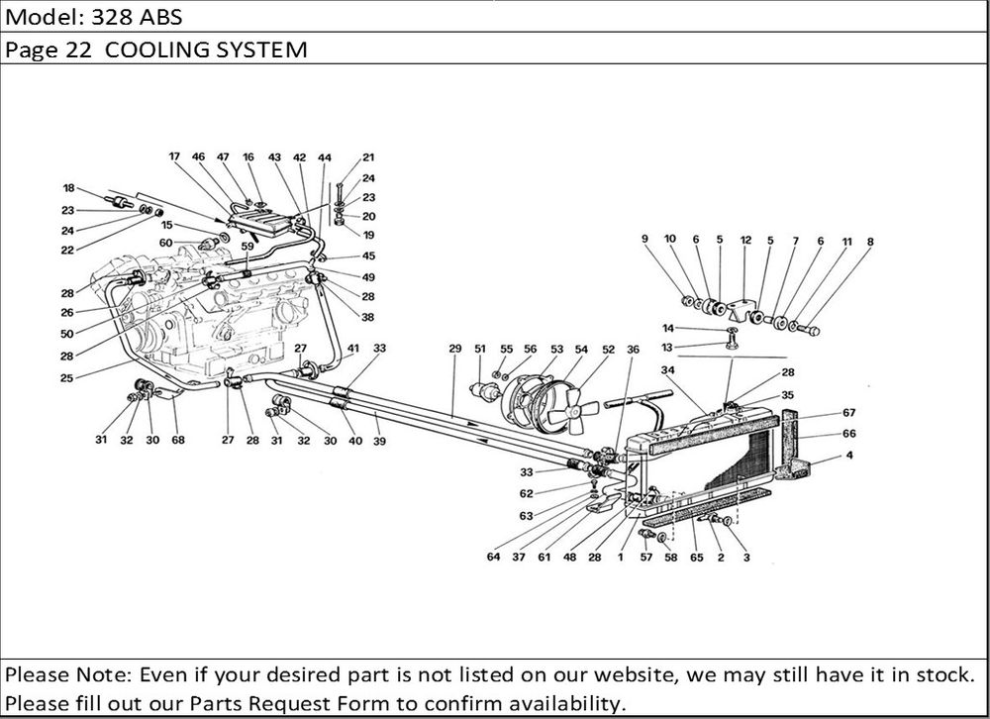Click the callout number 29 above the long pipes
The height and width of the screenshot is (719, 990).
(x=455, y=349)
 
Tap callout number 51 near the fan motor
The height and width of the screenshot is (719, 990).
(x=480, y=349)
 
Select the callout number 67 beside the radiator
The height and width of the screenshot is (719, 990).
(x=848, y=413)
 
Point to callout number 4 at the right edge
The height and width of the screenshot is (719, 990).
(x=848, y=456)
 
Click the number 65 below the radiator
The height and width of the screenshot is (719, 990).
(x=696, y=558)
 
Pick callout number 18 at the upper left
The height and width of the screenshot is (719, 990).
(x=68, y=188)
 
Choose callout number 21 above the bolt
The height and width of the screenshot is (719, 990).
(x=368, y=157)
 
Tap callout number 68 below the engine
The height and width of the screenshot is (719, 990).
(x=178, y=441)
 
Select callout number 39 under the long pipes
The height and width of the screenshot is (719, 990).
(x=379, y=441)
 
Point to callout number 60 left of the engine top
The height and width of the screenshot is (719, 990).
(x=165, y=243)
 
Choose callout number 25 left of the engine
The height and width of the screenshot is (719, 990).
(x=67, y=377)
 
